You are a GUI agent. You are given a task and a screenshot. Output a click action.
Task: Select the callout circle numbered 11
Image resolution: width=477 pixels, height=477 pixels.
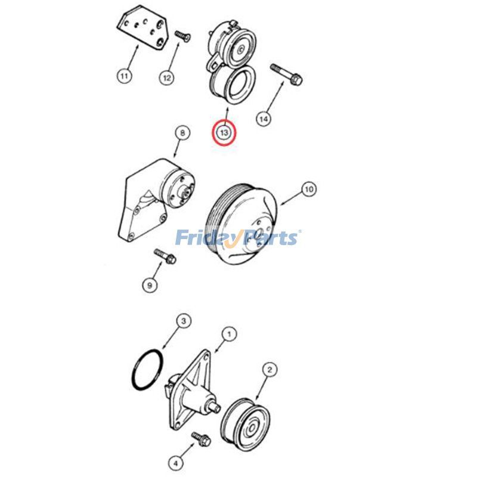123,76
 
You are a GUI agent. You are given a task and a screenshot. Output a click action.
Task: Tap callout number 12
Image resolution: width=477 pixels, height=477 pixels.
167,77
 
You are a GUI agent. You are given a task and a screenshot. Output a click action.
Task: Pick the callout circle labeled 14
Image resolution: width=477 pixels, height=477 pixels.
263,119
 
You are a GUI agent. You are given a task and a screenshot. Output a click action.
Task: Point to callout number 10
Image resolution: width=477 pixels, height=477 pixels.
308,190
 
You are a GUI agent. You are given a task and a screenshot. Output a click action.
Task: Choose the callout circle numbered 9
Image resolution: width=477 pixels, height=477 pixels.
150,285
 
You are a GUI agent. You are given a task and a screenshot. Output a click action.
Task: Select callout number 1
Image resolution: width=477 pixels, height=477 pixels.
227,335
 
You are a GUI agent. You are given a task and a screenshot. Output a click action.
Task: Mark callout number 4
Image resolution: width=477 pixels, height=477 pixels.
176,460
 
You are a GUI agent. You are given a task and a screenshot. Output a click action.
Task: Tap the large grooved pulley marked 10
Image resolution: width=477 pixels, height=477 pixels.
241,224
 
